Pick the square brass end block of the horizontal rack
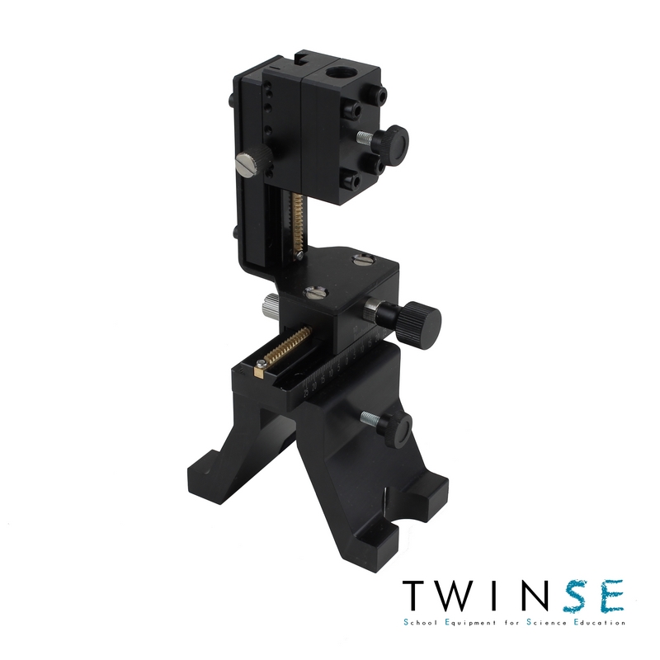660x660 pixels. coord(260,370)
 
